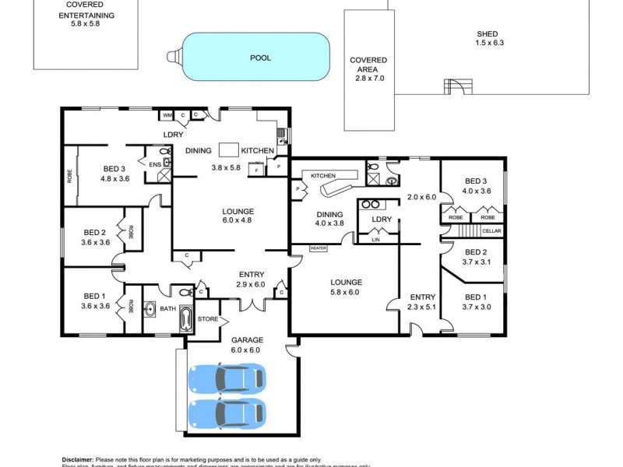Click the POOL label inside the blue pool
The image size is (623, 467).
(260, 58)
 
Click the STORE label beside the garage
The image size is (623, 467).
(207, 319)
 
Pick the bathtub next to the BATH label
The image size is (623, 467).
(187, 318)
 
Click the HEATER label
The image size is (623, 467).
(318, 248)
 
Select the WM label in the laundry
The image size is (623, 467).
(167, 116)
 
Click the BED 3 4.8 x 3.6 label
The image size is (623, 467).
(114, 174)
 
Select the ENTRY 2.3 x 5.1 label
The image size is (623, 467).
(423, 302)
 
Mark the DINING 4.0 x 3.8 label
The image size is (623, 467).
(329, 218)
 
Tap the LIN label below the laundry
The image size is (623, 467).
(376, 241)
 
